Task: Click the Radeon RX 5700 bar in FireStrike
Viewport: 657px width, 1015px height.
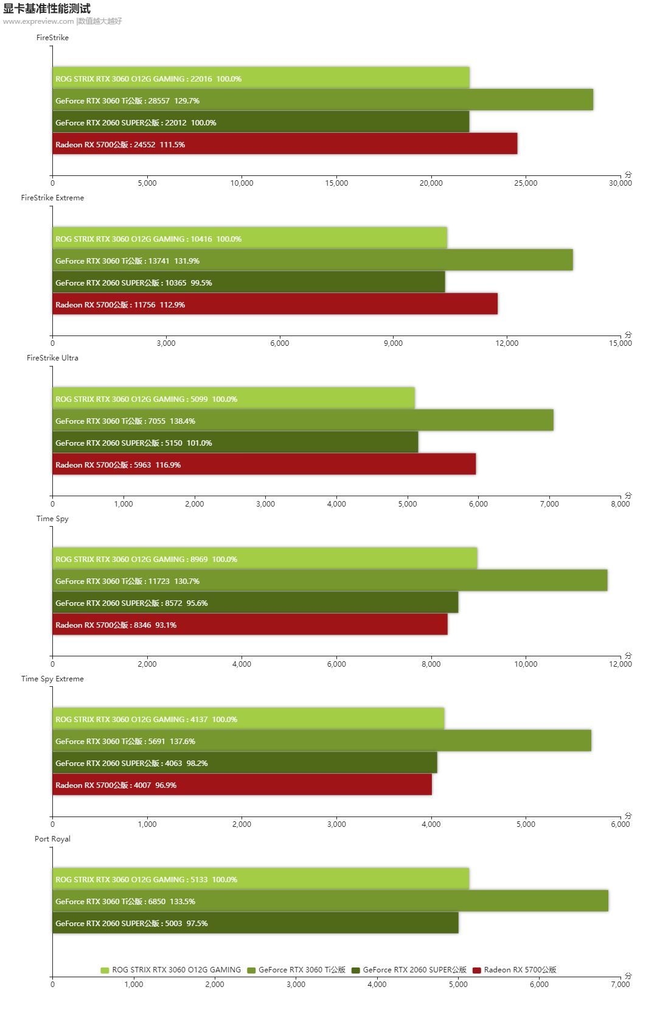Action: pyautogui.click(x=285, y=144)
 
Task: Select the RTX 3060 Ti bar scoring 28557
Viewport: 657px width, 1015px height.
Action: pyautogui.click(x=322, y=100)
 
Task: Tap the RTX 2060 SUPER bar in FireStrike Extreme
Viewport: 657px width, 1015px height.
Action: pyautogui.click(x=248, y=282)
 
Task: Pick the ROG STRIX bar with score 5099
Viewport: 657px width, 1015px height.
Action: pyautogui.click(x=233, y=398)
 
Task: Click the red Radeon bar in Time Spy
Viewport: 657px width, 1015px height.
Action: pyautogui.click(x=249, y=624)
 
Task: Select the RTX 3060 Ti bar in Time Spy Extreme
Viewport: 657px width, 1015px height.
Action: pyautogui.click(x=321, y=740)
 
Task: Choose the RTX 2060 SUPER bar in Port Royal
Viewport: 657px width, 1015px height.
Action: pyautogui.click(x=255, y=922)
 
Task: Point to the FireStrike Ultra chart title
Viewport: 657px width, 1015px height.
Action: pyautogui.click(x=52, y=358)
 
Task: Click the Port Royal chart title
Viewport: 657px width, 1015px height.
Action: pyautogui.click(x=52, y=839)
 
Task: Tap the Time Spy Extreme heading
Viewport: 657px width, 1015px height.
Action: pyautogui.click(x=52, y=679)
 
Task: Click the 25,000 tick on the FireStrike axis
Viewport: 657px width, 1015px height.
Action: pyautogui.click(x=526, y=183)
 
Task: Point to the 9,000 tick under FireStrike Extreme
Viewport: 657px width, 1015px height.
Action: pyautogui.click(x=393, y=343)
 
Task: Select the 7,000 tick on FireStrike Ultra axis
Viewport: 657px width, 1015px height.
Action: pyautogui.click(x=549, y=504)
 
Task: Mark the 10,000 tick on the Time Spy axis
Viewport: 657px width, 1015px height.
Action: pyautogui.click(x=526, y=664)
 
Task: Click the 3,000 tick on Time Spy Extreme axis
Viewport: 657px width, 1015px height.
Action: pyautogui.click(x=336, y=824)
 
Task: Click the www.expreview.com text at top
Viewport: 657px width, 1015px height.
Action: pyautogui.click(x=38, y=21)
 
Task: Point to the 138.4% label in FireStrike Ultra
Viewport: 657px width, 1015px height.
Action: pyautogui.click(x=182, y=421)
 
